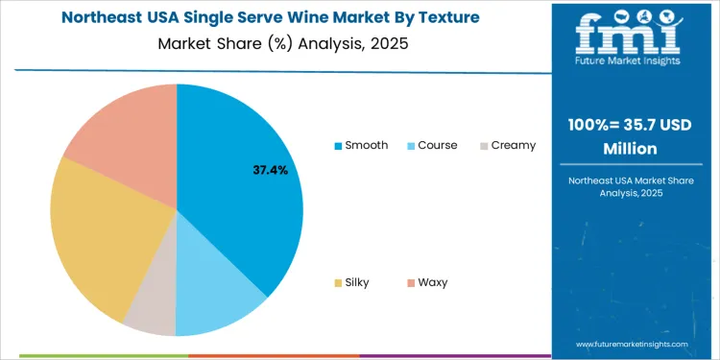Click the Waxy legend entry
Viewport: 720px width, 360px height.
pyautogui.click(x=426, y=282)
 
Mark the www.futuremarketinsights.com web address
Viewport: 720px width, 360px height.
pyautogui.click(x=633, y=344)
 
